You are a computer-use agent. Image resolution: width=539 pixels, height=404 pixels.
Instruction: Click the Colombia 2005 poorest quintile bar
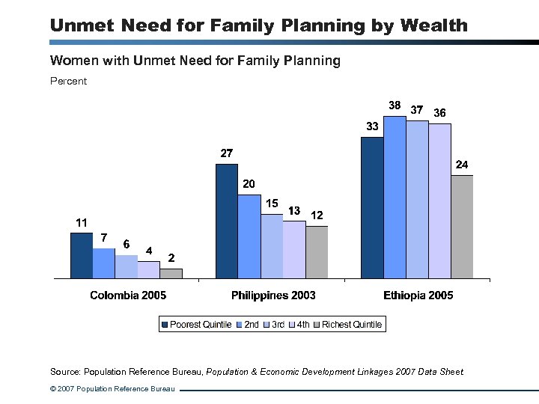click(x=81, y=255)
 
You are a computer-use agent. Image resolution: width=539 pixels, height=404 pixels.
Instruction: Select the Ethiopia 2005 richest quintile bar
click(x=462, y=227)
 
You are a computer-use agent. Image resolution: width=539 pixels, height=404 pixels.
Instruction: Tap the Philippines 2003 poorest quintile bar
click(x=226, y=221)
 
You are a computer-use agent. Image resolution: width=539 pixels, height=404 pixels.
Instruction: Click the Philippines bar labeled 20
click(x=249, y=236)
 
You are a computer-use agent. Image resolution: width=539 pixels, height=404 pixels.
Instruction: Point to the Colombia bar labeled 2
click(x=171, y=273)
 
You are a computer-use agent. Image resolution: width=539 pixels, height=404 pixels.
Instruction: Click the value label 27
click(x=226, y=153)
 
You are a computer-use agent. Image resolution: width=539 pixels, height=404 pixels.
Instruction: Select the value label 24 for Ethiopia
click(x=463, y=164)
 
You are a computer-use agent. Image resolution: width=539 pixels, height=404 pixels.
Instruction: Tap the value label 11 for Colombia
click(x=81, y=222)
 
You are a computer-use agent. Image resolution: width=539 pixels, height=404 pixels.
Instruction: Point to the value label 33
click(x=372, y=126)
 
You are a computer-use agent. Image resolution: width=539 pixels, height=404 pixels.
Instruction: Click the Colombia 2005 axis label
click(x=128, y=296)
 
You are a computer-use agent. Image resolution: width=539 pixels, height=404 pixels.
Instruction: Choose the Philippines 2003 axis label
click(x=273, y=296)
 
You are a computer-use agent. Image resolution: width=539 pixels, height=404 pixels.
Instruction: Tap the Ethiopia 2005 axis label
click(x=418, y=296)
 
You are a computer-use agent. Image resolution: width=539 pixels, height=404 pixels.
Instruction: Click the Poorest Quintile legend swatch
click(x=165, y=325)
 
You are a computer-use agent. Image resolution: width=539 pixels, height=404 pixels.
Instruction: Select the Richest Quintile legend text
click(x=352, y=325)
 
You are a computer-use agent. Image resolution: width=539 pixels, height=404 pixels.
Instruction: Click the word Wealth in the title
click(x=433, y=25)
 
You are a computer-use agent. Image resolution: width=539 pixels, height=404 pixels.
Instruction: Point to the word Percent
click(x=68, y=81)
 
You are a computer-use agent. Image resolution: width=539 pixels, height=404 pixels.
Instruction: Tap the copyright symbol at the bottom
click(x=53, y=389)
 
